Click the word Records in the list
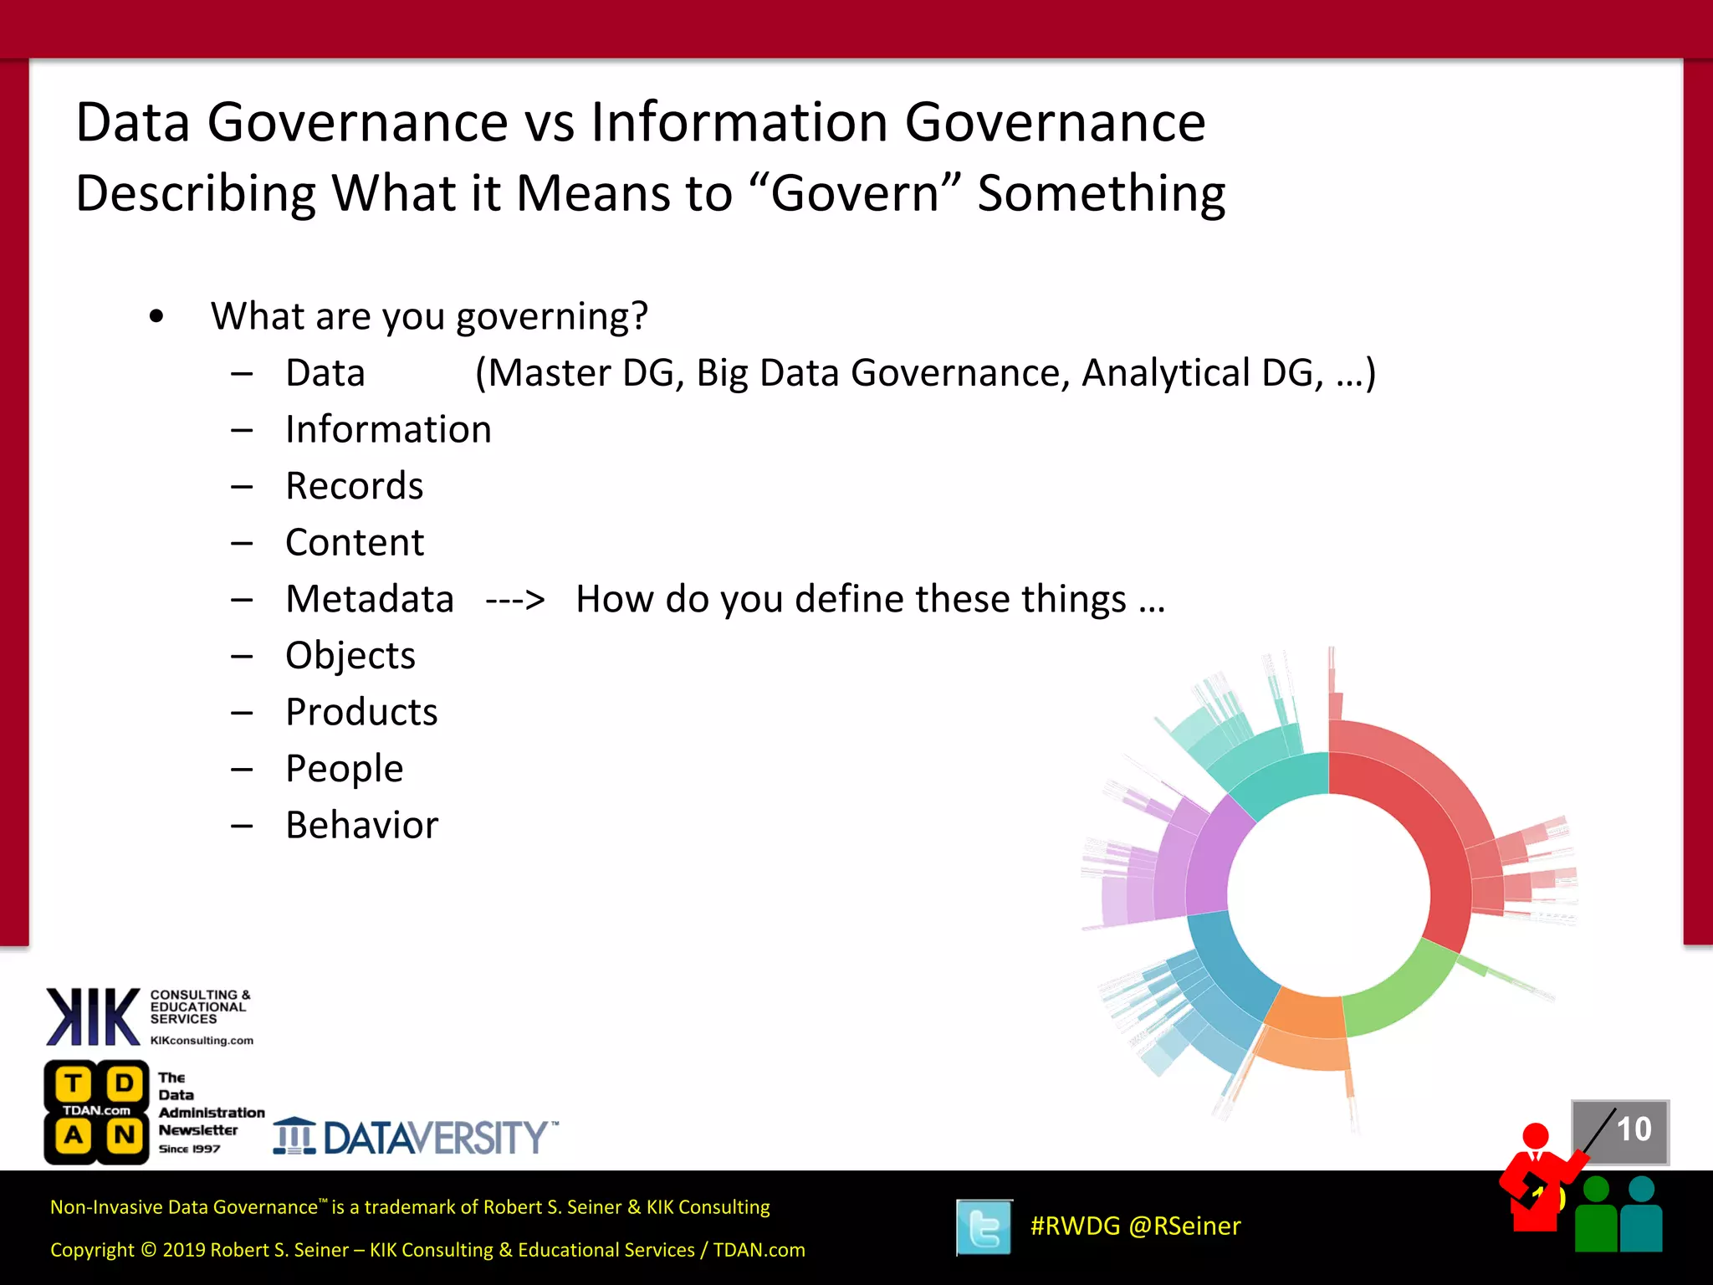click(354, 486)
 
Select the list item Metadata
click(369, 599)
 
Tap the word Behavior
click(361, 825)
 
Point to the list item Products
click(361, 712)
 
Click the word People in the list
click(344, 769)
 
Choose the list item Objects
click(350, 656)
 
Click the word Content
click(355, 543)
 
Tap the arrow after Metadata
click(515, 600)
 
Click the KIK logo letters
click(93, 1016)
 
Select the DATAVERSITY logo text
click(435, 1138)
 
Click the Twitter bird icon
click(984, 1227)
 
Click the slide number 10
click(1634, 1129)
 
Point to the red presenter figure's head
click(1536, 1136)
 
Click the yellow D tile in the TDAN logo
click(125, 1083)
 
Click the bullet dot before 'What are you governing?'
click(156, 317)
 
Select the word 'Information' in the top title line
click(739, 122)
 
